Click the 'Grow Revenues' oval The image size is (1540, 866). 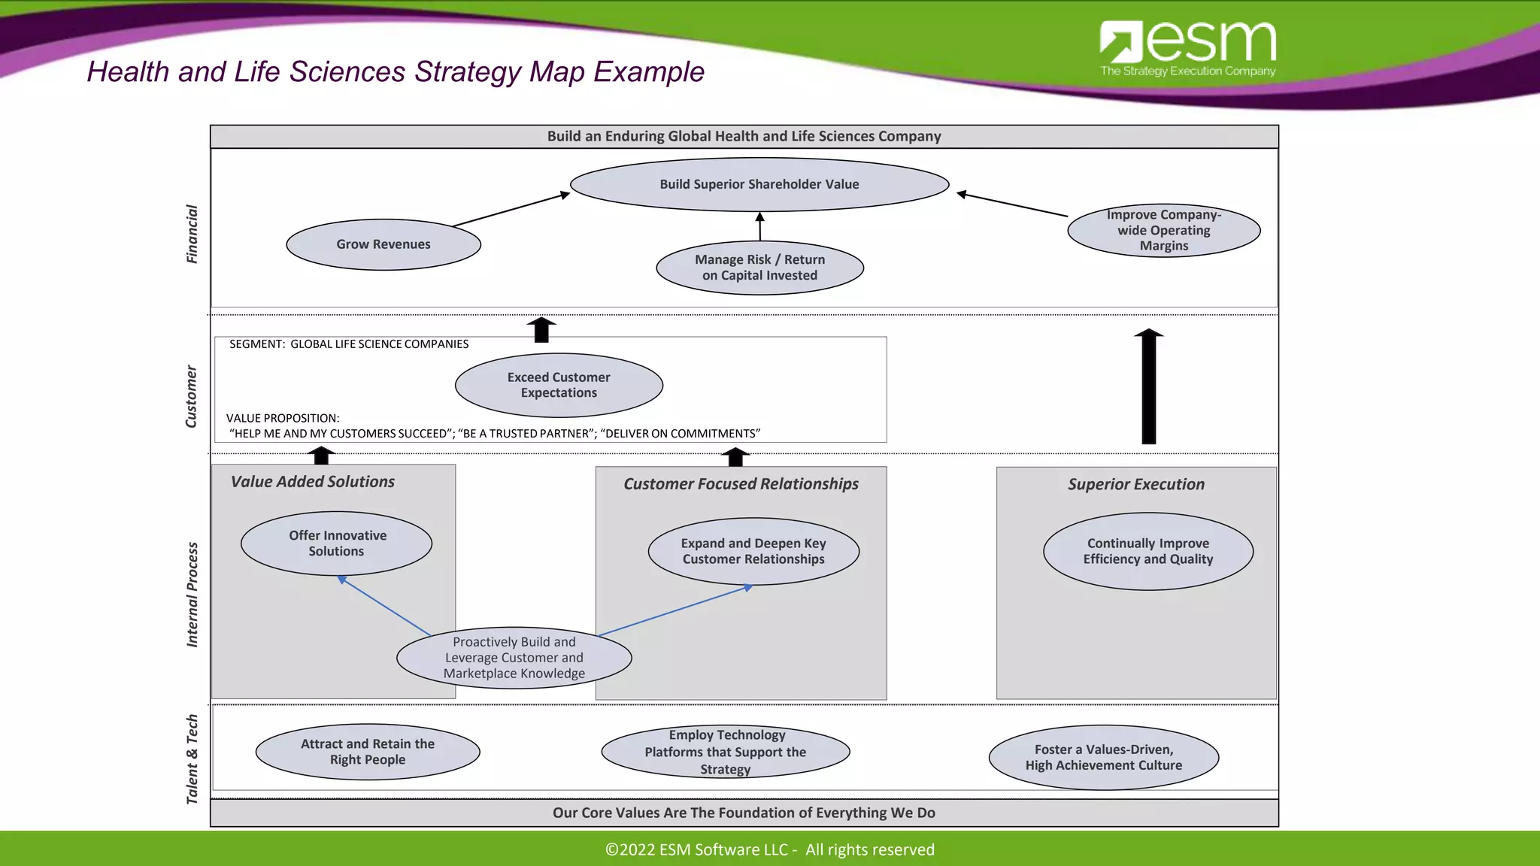coord(383,244)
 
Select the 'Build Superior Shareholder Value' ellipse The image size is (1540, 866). coord(759,184)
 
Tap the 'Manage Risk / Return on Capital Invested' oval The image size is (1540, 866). coord(759,268)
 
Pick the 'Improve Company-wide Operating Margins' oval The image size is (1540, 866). coord(1163,230)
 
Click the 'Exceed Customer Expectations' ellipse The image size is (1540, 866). coord(559,385)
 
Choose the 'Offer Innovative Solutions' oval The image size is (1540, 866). coord(336,543)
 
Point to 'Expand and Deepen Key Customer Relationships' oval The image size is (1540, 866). coord(753,551)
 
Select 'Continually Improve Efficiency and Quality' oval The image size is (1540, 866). coord(1147,551)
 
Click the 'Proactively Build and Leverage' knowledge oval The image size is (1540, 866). coord(514,658)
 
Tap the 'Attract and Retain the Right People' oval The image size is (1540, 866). coord(368,752)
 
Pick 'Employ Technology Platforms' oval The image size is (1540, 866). coord(726,752)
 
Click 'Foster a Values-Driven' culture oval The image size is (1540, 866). coord(1103,757)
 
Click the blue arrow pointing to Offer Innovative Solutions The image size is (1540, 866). coord(384,606)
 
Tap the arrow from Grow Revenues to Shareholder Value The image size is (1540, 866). coord(511,210)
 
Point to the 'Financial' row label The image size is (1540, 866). coord(192,234)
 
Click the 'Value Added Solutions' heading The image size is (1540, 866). coord(313,482)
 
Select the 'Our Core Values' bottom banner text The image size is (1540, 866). coord(744,813)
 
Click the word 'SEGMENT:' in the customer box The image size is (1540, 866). coord(256,344)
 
